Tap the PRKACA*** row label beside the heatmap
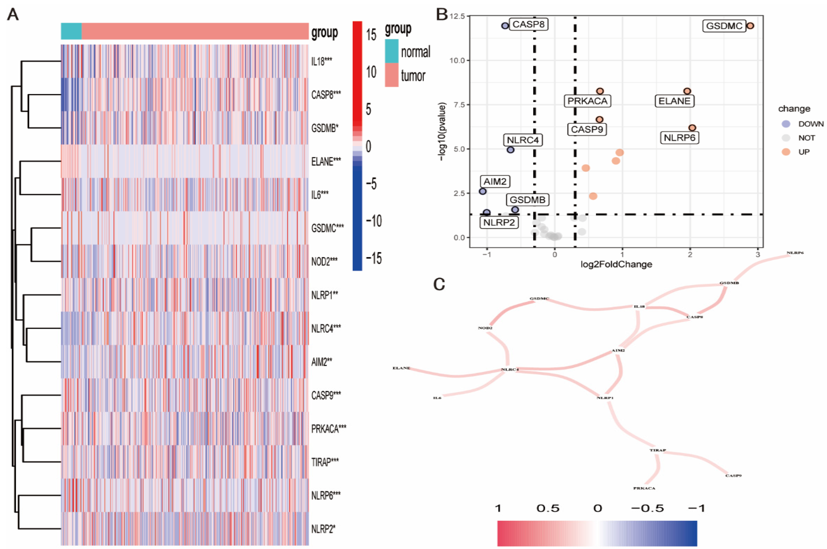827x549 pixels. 328,428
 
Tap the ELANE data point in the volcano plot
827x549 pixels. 687,91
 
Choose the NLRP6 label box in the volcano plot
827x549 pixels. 679,138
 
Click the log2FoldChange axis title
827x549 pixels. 616,264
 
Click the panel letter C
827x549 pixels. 439,284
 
